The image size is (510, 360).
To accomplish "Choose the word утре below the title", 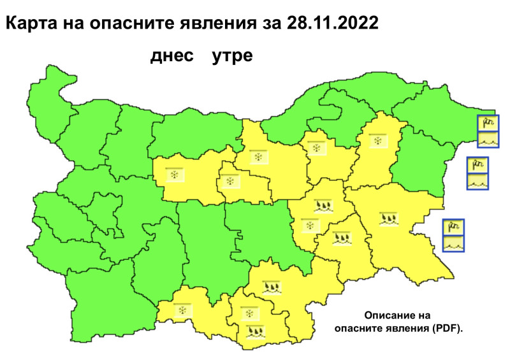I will pos(232,56).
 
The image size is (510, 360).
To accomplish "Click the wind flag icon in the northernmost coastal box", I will pos(488,122).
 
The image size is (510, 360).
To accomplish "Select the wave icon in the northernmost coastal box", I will pos(488,138).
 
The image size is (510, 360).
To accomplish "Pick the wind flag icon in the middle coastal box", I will pos(477,165).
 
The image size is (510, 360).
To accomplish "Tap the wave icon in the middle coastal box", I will pos(477,181).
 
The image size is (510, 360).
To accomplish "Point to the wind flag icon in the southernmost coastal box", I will pos(453,227).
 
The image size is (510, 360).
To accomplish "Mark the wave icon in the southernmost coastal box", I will pos(453,243).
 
